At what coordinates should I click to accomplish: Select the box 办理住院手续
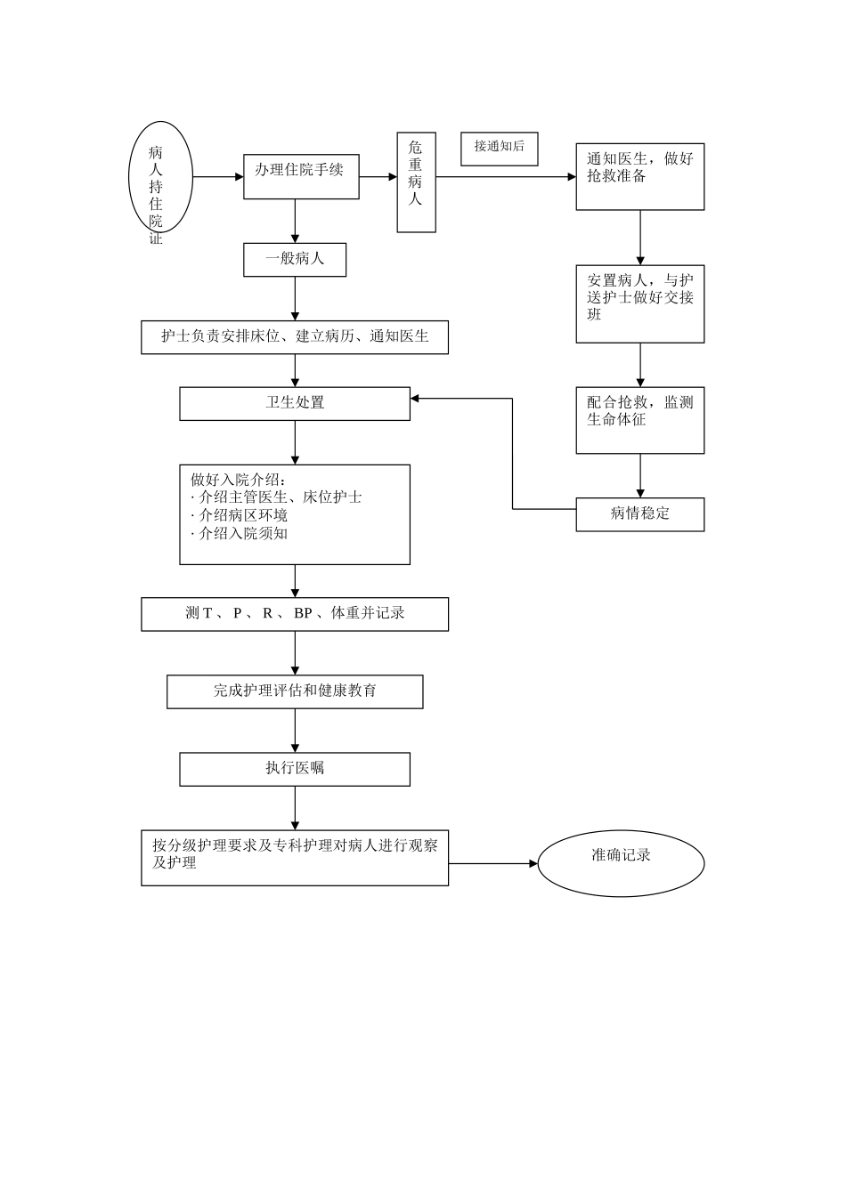[x=301, y=175]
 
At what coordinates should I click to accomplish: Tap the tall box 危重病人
[x=416, y=182]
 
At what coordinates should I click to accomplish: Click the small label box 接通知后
[x=499, y=149]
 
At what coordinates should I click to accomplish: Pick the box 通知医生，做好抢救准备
[x=639, y=175]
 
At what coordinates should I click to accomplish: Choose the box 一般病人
[x=295, y=260]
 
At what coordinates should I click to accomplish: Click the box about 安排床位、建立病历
[x=295, y=336]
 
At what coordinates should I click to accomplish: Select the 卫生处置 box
[x=295, y=403]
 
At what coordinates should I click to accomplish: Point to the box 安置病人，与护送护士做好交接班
[x=639, y=303]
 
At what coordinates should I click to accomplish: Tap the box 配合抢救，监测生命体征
[x=639, y=420]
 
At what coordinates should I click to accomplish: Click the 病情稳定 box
[x=639, y=514]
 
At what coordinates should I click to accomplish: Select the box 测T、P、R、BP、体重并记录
[x=295, y=614]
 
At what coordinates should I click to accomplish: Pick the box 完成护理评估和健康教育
[x=295, y=691]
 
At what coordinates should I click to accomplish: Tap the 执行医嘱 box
[x=295, y=769]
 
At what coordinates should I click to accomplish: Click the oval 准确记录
[x=621, y=861]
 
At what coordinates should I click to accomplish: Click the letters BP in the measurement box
[x=303, y=614]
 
